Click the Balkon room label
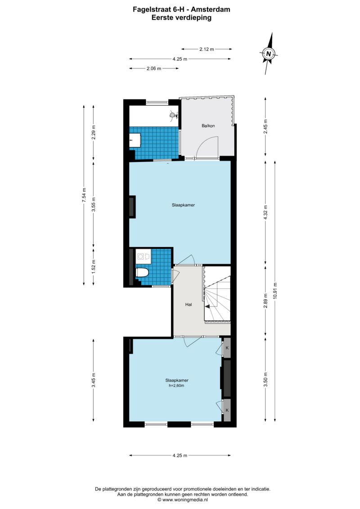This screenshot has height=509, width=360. click(x=208, y=126)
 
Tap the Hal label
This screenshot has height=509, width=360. click(x=189, y=305)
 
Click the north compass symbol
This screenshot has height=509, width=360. click(x=269, y=54)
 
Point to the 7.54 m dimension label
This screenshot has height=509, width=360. click(x=84, y=195)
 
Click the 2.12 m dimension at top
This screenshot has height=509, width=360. click(x=207, y=50)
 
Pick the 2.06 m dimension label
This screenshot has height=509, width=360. click(x=154, y=68)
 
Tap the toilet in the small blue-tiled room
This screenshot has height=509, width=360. click(x=142, y=272)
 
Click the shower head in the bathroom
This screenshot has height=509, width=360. click(x=173, y=114)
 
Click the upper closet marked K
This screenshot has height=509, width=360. click(x=227, y=348)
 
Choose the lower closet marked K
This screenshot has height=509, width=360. click(x=227, y=410)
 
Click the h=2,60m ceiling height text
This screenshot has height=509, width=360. click(x=176, y=386)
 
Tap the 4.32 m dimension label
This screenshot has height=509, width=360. click(x=265, y=212)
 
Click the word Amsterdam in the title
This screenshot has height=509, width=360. click(x=211, y=9)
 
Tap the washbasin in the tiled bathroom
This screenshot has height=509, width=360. click(x=135, y=140)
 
